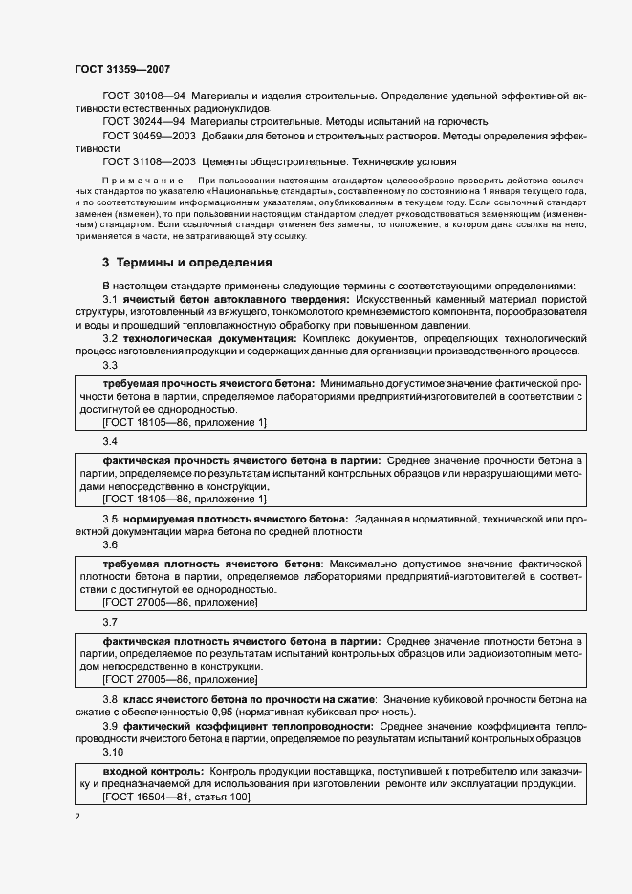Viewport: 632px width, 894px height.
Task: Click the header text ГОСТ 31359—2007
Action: pos(121,69)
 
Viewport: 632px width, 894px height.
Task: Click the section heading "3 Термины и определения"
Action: pos(187,262)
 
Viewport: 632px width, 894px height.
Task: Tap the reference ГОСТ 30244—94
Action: pos(143,122)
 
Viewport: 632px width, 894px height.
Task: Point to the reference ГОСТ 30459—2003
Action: pos(147,136)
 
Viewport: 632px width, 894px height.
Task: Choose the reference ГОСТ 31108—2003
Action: pos(147,162)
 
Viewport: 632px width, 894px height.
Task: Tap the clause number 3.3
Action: pos(110,365)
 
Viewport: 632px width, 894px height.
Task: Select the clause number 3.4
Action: pos(110,442)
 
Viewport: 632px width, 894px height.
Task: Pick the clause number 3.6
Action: pos(110,544)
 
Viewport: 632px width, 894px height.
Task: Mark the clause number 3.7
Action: pos(110,622)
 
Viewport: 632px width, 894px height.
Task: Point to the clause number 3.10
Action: pos(113,751)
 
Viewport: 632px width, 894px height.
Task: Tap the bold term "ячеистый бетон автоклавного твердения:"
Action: pos(227,300)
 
